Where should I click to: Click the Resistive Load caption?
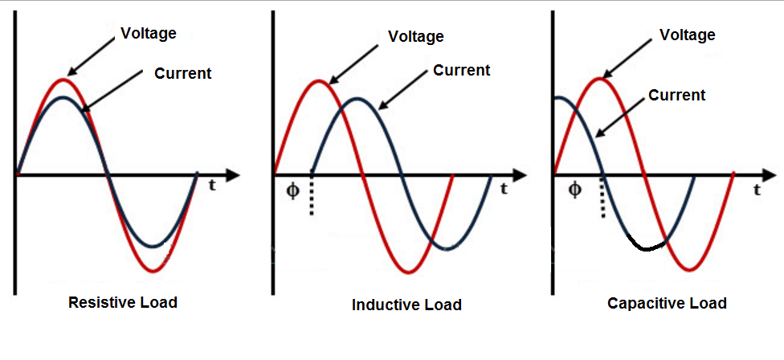(122, 302)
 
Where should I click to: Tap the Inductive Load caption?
(406, 305)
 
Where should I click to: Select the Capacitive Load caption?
(667, 303)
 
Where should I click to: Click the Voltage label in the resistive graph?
(149, 34)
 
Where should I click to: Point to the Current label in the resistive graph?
(183, 73)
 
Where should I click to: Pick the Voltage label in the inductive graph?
(416, 36)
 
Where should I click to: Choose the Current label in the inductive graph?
(462, 71)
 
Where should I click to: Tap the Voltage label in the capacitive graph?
(688, 35)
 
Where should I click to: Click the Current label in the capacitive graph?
(676, 95)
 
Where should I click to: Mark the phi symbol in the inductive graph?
(293, 191)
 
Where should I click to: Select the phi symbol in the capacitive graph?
(575, 190)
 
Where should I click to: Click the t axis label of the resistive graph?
(213, 186)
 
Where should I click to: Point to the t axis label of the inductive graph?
(504, 189)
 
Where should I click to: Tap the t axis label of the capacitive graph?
(757, 190)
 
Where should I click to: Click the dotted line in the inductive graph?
(312, 196)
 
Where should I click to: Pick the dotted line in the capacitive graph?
(603, 197)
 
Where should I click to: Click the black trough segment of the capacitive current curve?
(647, 247)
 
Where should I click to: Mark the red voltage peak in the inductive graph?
(318, 81)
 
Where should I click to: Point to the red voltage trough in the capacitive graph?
(690, 269)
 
